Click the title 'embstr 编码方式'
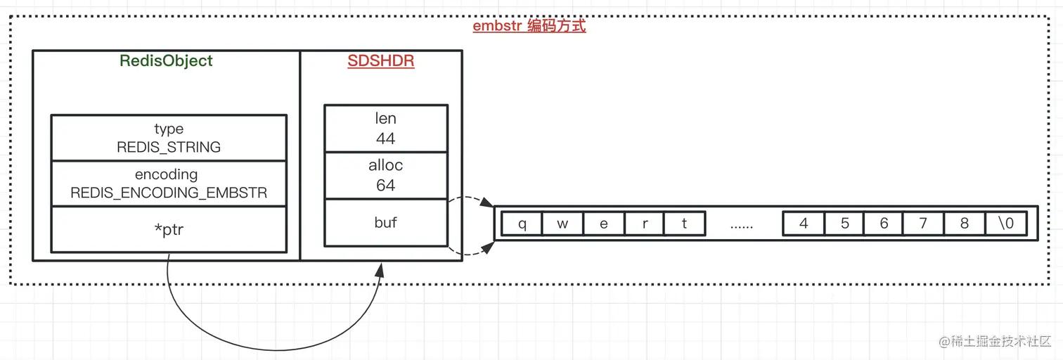coord(529,27)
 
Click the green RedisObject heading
coord(166,60)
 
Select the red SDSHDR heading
coord(381,61)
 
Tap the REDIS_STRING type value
coord(169,147)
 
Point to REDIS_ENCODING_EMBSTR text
coord(169,193)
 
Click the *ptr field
coord(169,229)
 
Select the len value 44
coord(385,139)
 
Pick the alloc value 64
coord(385,186)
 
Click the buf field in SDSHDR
coord(385,222)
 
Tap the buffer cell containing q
coord(522,224)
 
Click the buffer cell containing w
coord(563,224)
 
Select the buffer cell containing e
coord(604,224)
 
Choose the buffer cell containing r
coord(645,224)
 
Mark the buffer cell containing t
coord(685,224)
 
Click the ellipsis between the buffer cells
coord(742,225)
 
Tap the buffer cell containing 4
coord(804,224)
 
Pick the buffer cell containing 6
coord(884,224)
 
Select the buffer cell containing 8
coord(964,224)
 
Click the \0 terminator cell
coord(1005,224)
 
